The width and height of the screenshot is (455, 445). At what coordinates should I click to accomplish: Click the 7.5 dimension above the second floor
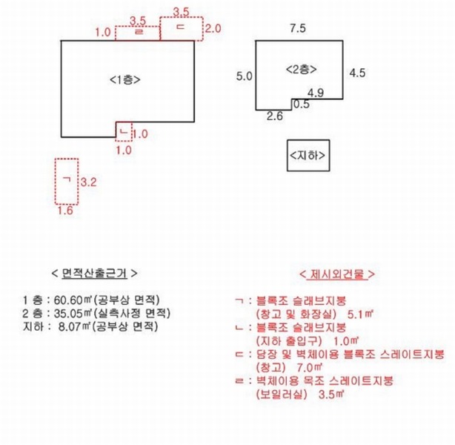(x=298, y=28)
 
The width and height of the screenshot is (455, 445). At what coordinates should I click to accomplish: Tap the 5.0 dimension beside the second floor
(x=244, y=76)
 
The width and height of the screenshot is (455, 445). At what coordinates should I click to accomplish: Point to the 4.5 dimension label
(x=357, y=73)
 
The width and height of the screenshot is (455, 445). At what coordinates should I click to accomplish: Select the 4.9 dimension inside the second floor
(x=316, y=93)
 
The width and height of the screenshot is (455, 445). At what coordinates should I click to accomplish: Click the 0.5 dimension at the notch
(x=302, y=104)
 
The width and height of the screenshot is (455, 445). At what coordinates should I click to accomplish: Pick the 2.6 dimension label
(x=274, y=116)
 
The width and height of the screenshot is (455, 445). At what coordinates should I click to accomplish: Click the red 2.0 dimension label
(x=213, y=28)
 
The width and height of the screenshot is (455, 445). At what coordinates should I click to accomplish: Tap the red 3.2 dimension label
(x=88, y=182)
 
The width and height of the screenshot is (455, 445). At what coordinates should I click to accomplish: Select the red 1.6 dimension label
(x=65, y=210)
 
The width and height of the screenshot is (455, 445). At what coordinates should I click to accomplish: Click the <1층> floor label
(x=125, y=79)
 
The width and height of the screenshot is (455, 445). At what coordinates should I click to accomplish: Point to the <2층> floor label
(x=301, y=70)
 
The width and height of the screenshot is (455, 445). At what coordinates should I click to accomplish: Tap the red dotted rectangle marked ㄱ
(x=56, y=182)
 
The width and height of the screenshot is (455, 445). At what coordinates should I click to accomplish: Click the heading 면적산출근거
(x=94, y=274)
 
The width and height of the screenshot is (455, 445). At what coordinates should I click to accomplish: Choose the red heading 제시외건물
(x=337, y=274)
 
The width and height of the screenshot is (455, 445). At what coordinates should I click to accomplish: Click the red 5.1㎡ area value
(x=360, y=314)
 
